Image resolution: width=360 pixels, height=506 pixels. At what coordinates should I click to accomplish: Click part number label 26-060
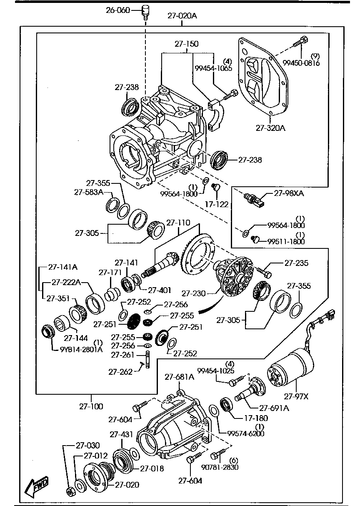[118, 10]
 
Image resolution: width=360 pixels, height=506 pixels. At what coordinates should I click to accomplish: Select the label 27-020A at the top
[182, 16]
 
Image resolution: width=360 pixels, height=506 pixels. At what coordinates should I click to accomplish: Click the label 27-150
[186, 43]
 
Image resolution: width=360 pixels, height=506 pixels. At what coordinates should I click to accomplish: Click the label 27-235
[296, 263]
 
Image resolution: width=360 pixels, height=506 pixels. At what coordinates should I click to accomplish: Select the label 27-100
[91, 406]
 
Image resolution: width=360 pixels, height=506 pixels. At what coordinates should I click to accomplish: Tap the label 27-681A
[179, 377]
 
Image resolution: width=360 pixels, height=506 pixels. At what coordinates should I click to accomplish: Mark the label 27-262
[120, 371]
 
